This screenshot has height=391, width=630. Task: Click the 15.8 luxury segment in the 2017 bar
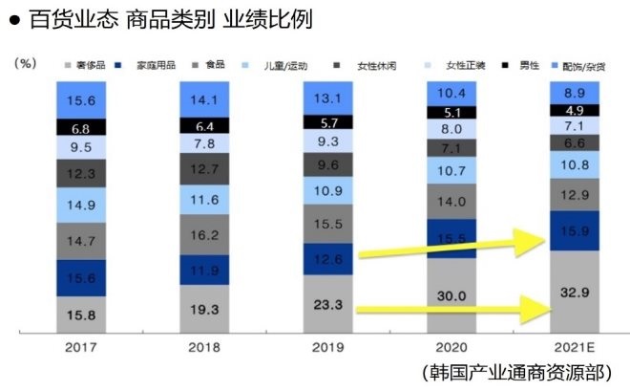click(82, 312)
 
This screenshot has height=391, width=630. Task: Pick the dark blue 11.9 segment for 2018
click(205, 270)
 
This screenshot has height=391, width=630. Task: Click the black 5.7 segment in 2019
click(328, 122)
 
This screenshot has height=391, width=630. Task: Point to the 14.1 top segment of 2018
click(205, 98)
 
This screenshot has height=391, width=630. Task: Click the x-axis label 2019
click(328, 348)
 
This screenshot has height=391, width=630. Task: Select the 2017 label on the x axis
click(82, 348)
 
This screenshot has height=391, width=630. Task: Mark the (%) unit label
click(26, 62)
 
